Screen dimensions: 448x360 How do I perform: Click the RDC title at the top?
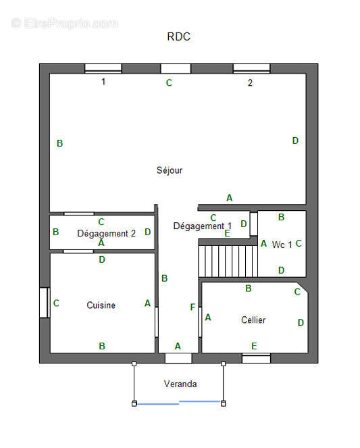(179, 37)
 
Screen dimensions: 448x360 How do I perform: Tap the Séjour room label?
(170, 170)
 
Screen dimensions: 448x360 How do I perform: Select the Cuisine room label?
(101, 305)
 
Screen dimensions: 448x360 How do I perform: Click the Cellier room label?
(253, 320)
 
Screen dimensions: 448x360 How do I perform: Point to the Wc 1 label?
(282, 245)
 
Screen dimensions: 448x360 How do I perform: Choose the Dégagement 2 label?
(106, 233)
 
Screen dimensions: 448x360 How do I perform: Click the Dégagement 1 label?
(202, 226)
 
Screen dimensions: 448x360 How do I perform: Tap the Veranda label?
(180, 384)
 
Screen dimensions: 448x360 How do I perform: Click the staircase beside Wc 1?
(228, 260)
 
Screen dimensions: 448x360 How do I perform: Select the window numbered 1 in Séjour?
(103, 68)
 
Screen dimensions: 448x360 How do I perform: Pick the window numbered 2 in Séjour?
(251, 68)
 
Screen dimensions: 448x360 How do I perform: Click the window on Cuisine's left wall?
(44, 303)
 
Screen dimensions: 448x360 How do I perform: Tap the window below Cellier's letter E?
(256, 358)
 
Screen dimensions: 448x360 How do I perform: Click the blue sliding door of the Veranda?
(179, 403)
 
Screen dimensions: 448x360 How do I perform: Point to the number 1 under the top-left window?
(103, 82)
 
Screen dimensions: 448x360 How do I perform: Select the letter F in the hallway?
(192, 307)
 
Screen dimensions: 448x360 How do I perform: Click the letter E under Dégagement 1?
(227, 233)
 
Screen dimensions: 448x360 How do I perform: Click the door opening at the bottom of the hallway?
(178, 358)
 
